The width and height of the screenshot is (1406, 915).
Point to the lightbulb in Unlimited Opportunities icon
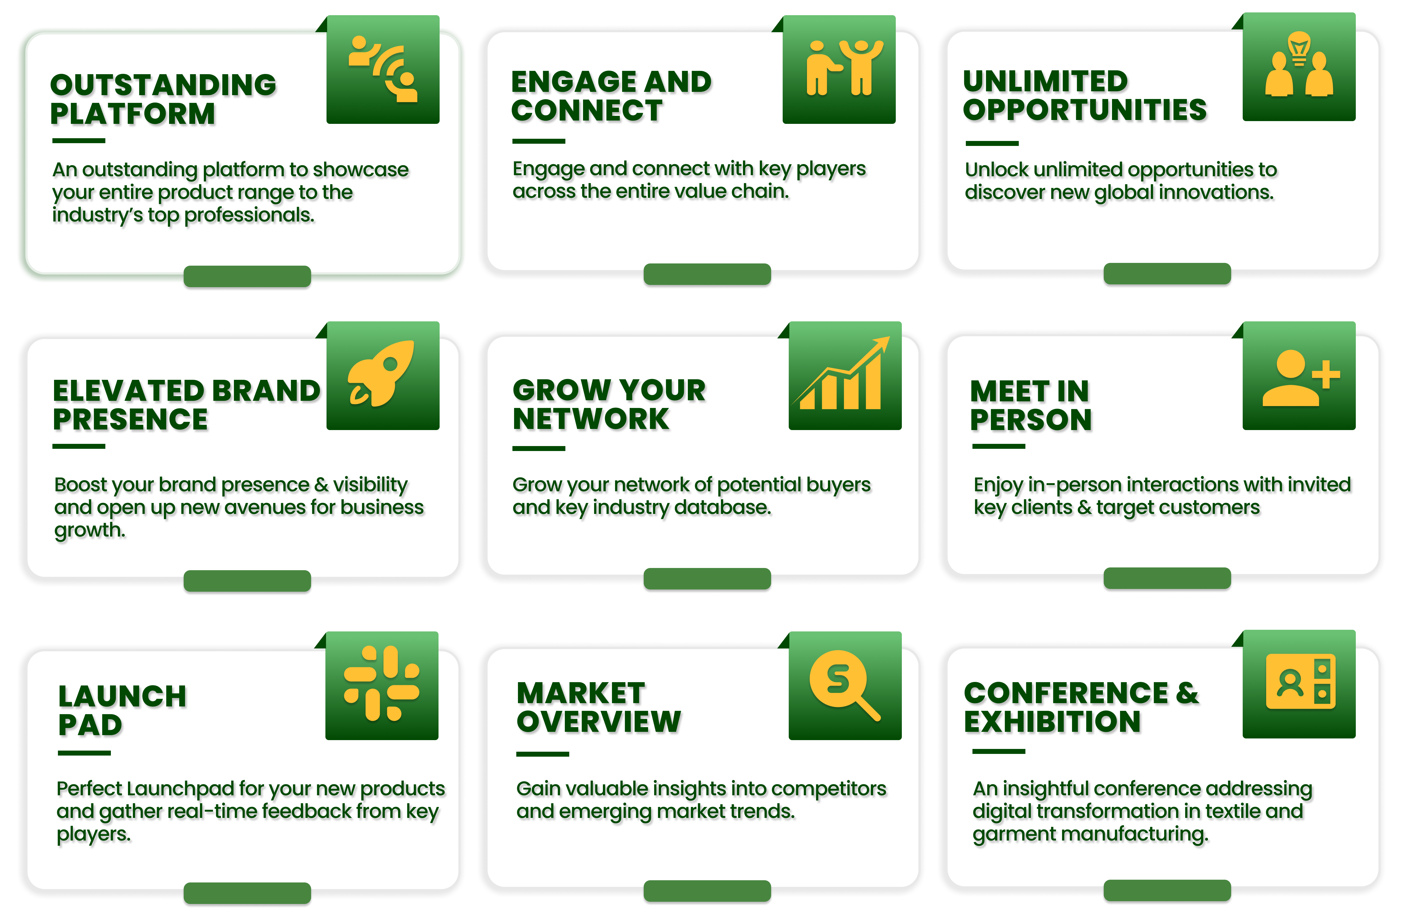coord(1299,49)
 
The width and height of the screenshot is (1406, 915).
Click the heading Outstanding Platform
coord(163,99)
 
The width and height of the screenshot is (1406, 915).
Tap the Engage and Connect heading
coord(611,96)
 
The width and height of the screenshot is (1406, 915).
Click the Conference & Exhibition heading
coord(1081,707)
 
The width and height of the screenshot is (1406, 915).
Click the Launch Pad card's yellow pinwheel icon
coord(382,684)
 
